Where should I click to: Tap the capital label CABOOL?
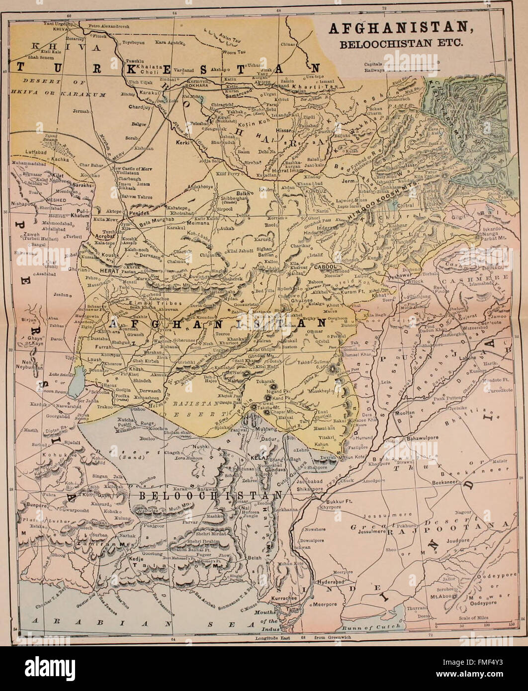326,267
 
